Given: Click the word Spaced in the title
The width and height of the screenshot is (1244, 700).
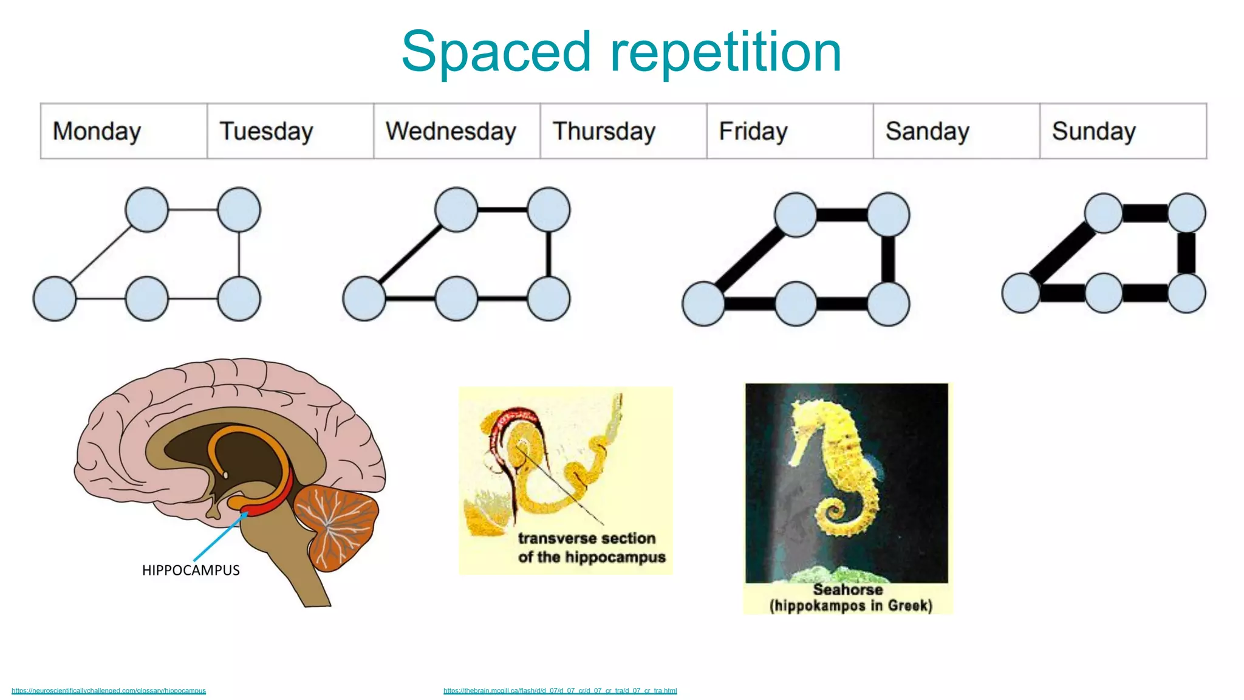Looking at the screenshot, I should click(496, 52).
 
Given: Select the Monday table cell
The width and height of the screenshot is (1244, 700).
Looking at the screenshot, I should click(124, 131).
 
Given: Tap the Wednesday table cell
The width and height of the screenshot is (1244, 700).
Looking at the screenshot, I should click(457, 131).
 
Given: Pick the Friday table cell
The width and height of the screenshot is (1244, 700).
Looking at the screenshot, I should click(790, 131).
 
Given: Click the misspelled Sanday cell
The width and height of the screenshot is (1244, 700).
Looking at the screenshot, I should click(956, 131).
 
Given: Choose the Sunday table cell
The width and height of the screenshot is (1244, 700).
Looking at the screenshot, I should click(1123, 131).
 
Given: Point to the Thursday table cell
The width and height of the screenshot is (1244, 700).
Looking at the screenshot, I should click(623, 131).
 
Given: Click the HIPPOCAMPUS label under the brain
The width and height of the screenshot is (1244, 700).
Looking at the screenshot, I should click(191, 570).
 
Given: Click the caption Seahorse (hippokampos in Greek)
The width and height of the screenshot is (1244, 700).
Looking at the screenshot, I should click(849, 598).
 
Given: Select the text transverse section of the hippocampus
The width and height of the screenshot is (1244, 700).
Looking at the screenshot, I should click(590, 547).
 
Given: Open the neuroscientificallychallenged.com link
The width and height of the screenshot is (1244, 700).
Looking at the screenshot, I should click(109, 690).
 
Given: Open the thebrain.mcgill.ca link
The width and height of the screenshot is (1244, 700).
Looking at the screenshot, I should click(559, 690).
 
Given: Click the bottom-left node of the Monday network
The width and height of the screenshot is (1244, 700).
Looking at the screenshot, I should click(55, 299).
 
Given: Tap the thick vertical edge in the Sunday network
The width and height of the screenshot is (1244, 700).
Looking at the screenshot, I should click(1186, 253).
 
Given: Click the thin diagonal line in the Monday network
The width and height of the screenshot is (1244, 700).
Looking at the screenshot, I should click(101, 255).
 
